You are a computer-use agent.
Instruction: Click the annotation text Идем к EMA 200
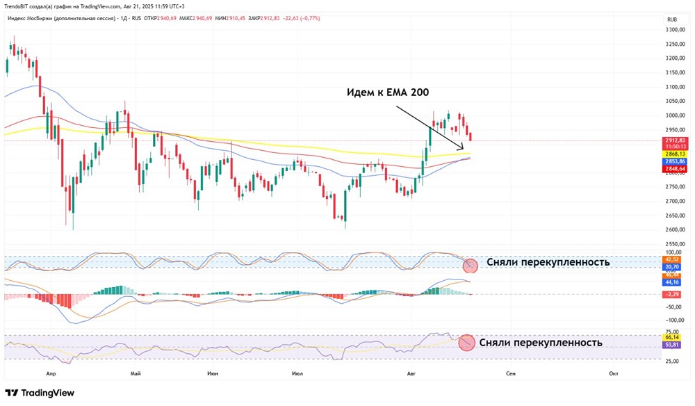point(392,92)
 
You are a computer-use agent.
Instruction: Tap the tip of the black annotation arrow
point(463,149)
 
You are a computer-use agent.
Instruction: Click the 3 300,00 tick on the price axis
point(676,30)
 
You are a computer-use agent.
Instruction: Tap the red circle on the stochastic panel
point(471,264)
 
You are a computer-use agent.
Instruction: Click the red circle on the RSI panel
point(466,342)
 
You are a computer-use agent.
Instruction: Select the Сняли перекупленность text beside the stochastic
point(548,262)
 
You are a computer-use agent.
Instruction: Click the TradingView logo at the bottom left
point(40,393)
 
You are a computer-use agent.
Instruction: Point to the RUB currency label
point(671,19)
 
